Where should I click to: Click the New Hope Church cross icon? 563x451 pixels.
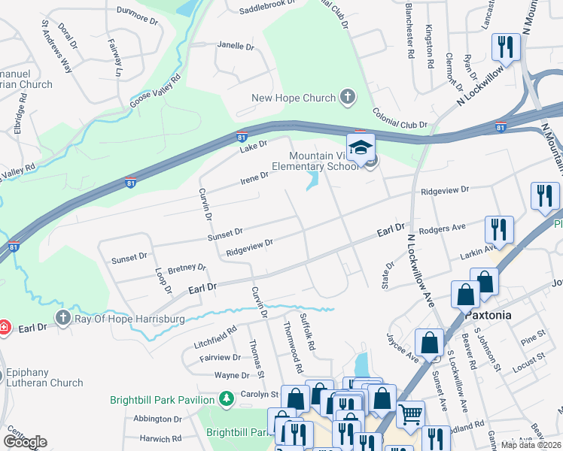pyautogui.click(x=347, y=97)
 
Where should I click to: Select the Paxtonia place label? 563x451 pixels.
pyautogui.click(x=488, y=314)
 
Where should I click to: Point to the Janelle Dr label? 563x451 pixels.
pyautogui.click(x=236, y=46)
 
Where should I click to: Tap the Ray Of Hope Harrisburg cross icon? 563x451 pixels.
pyautogui.click(x=62, y=319)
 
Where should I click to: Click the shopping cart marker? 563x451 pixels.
pyautogui.click(x=410, y=413)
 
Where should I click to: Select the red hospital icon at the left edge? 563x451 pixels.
pyautogui.click(x=4, y=328)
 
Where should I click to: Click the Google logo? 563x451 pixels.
pyautogui.click(x=25, y=442)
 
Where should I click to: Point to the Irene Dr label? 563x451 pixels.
pyautogui.click(x=254, y=177)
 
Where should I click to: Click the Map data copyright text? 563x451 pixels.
pyautogui.click(x=531, y=445)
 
